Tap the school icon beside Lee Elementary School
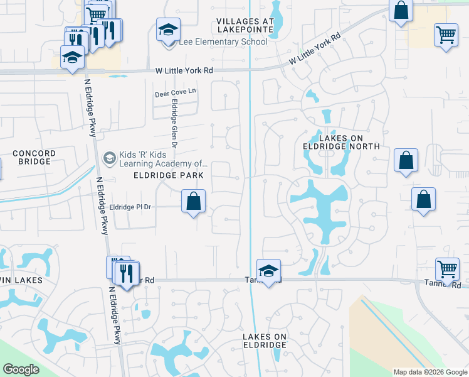(168, 31)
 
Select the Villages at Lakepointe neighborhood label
(245, 25)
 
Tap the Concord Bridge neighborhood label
(34, 157)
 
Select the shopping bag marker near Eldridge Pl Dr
(194, 202)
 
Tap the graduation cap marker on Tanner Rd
(268, 271)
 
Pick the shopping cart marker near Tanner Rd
(447, 270)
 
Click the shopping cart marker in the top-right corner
(445, 35)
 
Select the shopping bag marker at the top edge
(401, 11)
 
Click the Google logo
(21, 369)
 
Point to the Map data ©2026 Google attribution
(429, 372)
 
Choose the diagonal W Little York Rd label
(314, 48)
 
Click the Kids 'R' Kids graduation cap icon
(110, 157)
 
